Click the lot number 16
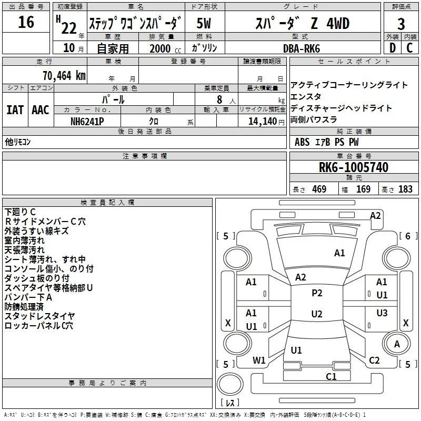[x=26, y=22]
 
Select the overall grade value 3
[x=401, y=24]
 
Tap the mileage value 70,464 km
[x=64, y=76]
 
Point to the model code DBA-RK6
[x=302, y=48]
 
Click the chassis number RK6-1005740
[x=354, y=167]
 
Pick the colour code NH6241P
[x=87, y=122]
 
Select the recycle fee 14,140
[x=263, y=122]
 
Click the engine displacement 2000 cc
[x=165, y=49]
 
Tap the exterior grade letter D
[x=393, y=48]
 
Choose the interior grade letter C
[x=409, y=48]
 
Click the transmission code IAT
[x=15, y=110]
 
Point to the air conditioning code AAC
[x=41, y=110]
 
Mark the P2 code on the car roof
[x=317, y=293]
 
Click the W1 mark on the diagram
[x=259, y=360]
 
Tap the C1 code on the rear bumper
[x=331, y=377]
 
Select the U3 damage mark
[x=382, y=313]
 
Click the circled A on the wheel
[x=397, y=344]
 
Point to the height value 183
[x=405, y=189]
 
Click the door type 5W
[x=204, y=23]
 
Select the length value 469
[x=319, y=189]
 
